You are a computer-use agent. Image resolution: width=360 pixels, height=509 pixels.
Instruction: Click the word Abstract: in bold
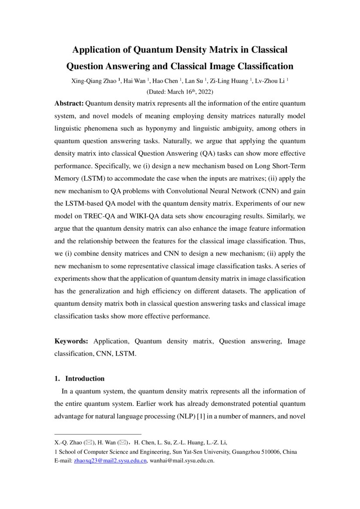[69, 104]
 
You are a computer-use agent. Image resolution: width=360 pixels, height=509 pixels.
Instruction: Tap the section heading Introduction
[85, 378]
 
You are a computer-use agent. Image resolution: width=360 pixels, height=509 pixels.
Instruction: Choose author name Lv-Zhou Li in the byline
[269, 81]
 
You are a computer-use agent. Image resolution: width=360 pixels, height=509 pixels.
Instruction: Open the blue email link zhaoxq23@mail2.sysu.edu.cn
[110, 460]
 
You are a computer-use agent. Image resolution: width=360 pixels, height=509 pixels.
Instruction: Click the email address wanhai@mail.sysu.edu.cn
[182, 460]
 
